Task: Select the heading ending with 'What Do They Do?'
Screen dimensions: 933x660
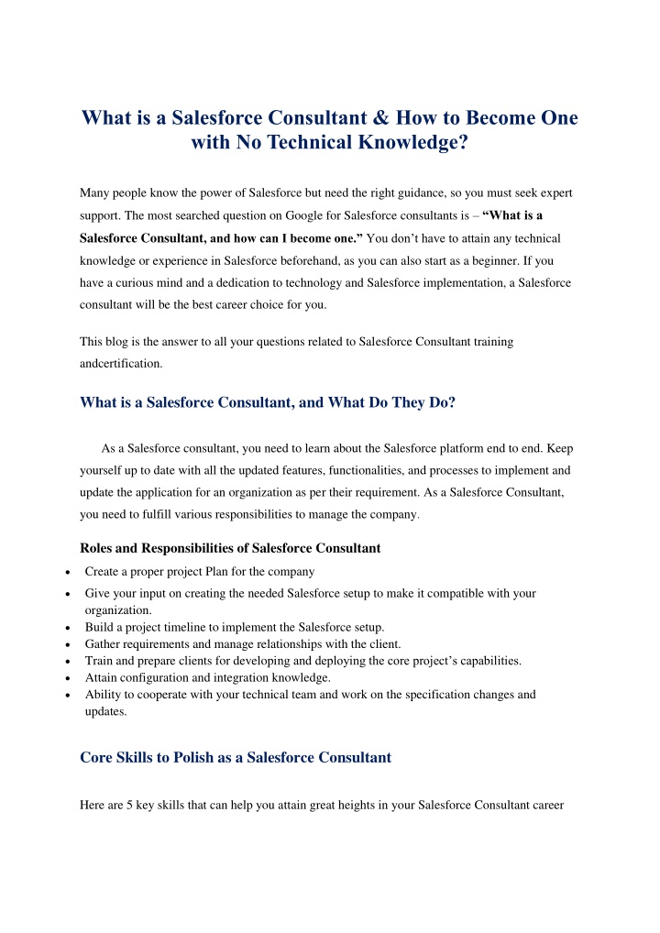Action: tap(268, 401)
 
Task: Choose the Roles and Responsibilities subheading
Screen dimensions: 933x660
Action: tap(230, 548)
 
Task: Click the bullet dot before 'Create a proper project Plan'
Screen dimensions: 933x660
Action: tap(71, 572)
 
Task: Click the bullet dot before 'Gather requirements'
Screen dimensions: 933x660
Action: tap(71, 644)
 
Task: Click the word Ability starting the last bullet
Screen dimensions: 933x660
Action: tap(103, 694)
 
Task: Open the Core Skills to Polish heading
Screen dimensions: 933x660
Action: tap(236, 757)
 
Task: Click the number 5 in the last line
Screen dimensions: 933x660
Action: tap(128, 805)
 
